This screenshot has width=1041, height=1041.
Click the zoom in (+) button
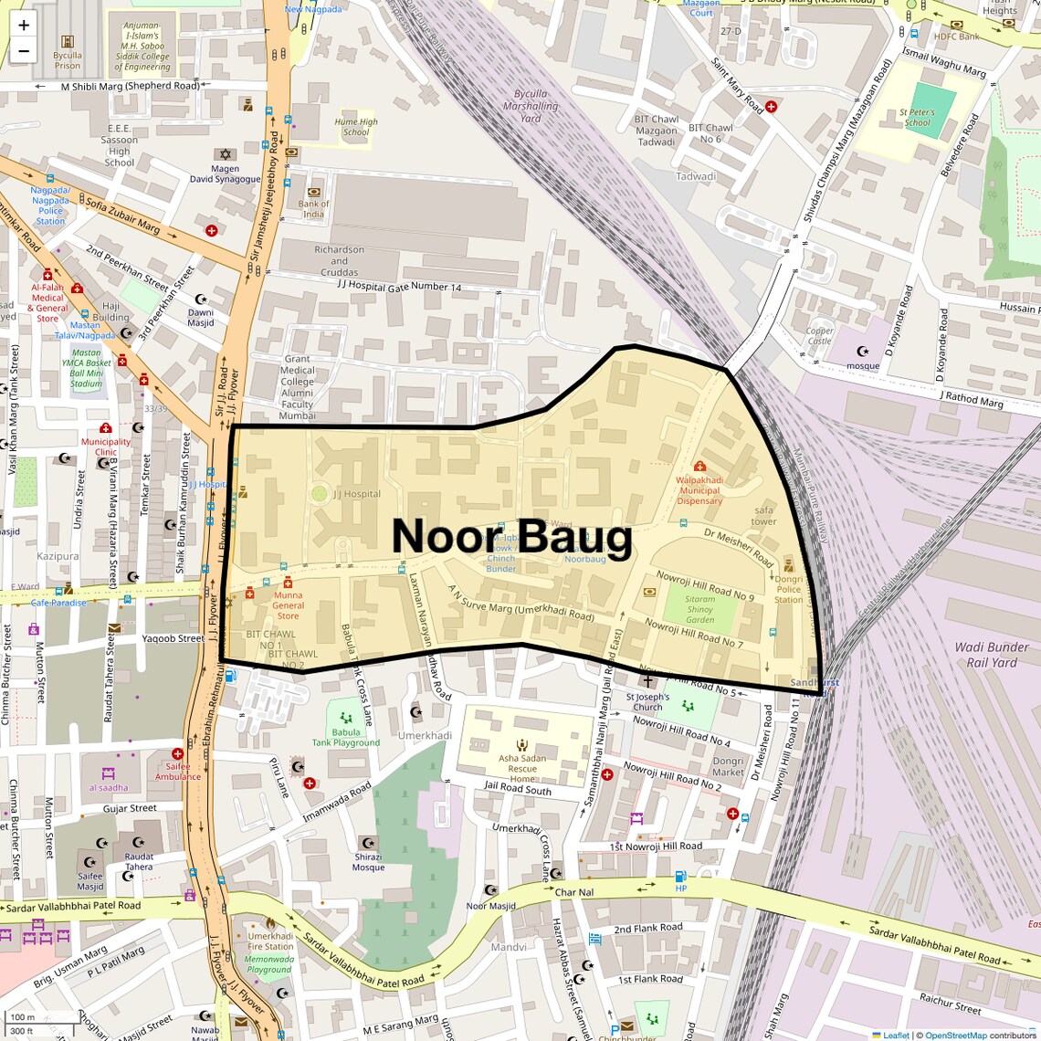click(24, 26)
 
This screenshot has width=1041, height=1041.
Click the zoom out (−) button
click(24, 51)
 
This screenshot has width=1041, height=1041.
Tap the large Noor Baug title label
click(511, 537)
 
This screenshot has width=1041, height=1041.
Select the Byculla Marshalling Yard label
click(531, 106)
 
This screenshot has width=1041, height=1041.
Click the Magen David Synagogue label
click(225, 173)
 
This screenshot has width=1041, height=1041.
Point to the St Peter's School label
click(917, 118)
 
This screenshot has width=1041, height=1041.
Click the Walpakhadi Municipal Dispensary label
click(699, 490)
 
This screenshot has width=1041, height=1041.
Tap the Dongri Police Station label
click(788, 589)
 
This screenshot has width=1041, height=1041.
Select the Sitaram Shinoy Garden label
click(700, 610)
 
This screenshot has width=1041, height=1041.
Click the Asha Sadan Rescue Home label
click(522, 769)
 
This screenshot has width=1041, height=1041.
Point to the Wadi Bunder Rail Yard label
click(992, 655)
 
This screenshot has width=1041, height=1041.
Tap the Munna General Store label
click(288, 605)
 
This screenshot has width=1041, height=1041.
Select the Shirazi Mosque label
click(368, 862)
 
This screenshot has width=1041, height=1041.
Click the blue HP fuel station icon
click(680, 877)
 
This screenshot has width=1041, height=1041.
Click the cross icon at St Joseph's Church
click(647, 681)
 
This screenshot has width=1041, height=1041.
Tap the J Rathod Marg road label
click(971, 399)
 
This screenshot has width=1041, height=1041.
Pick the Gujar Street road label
click(130, 808)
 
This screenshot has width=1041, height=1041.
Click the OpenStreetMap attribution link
click(955, 1035)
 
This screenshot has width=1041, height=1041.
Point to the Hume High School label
click(356, 127)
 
